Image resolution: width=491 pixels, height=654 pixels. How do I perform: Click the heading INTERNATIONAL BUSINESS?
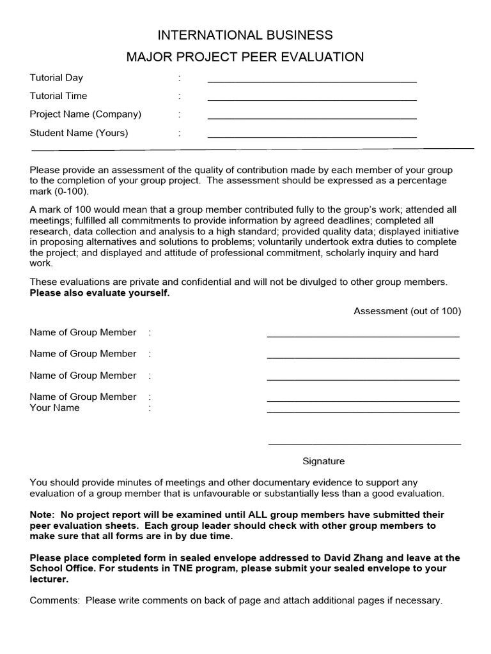point(245,35)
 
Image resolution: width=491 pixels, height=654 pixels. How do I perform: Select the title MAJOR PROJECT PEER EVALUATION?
point(245,57)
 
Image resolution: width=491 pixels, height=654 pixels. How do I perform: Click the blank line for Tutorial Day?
point(312,80)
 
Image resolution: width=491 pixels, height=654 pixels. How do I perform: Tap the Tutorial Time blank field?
point(312,99)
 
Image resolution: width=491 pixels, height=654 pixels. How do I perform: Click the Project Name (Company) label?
point(86,114)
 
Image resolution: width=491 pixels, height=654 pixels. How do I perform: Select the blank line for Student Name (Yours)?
point(312,136)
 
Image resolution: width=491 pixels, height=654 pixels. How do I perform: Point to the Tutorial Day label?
point(56,78)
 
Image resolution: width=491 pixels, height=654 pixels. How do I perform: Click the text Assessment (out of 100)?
point(407,311)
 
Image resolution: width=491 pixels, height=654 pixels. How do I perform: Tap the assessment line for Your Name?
point(362,411)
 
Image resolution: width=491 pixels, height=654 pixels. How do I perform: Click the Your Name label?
point(54,407)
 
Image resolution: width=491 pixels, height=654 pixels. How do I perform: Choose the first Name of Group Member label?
point(82,332)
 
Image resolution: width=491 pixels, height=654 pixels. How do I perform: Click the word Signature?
point(323,461)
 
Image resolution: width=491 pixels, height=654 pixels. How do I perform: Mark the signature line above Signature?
point(364,443)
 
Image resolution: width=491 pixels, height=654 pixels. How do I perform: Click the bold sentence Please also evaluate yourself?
point(100,293)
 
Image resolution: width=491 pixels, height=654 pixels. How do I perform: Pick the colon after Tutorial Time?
point(180,96)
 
